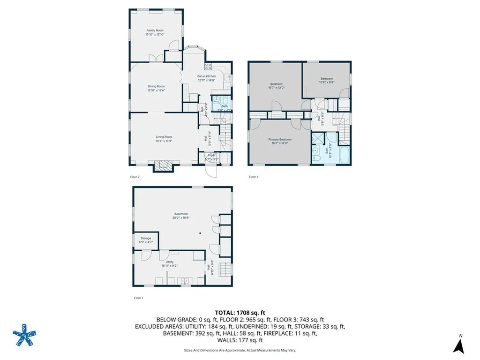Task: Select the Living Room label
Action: pos(164,139)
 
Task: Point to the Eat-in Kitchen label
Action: pos(206,78)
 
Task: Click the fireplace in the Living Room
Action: pos(163,165)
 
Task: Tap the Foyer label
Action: pos(212,157)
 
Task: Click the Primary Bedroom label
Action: pos(279,141)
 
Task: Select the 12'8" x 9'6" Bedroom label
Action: pos(327,80)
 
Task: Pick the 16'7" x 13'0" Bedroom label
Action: pos(276,86)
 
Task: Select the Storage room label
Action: pos(145,240)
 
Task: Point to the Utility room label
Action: pos(170,263)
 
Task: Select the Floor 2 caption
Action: pos(135,177)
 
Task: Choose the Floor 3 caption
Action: pos(253,177)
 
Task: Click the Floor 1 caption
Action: pos(138,298)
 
